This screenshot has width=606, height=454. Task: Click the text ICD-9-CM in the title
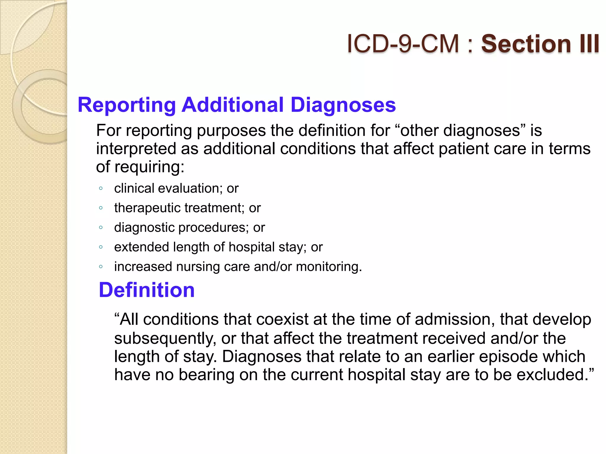(402, 44)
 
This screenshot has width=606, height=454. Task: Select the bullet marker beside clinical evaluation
(101, 189)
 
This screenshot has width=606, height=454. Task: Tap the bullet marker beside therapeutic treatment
(101, 208)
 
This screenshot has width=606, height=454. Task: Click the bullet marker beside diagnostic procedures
(101, 228)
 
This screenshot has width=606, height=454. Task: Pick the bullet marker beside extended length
(101, 247)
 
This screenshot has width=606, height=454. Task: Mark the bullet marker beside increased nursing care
(101, 267)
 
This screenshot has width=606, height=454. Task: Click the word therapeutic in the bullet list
(147, 208)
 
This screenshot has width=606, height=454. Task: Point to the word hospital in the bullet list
(252, 247)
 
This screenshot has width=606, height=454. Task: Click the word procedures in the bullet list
(213, 228)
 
